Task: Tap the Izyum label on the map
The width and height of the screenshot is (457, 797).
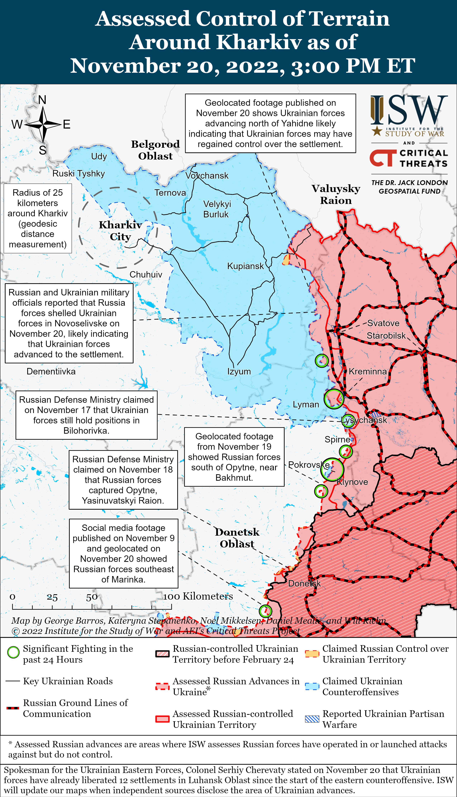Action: coord(239,371)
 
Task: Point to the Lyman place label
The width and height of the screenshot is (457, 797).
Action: coord(306,404)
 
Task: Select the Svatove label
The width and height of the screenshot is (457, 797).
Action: coord(383,323)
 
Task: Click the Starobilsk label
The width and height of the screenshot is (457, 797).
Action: coord(386,336)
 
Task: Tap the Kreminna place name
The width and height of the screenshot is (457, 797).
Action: coord(368,371)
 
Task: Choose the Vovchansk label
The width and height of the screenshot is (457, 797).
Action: coord(207,176)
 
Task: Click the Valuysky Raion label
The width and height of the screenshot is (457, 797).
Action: coord(336,194)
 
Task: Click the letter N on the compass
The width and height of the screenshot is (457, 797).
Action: coord(42,100)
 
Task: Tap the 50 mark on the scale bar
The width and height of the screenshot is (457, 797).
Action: coord(92,597)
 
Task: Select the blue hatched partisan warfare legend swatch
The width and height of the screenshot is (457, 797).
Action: coord(312,719)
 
